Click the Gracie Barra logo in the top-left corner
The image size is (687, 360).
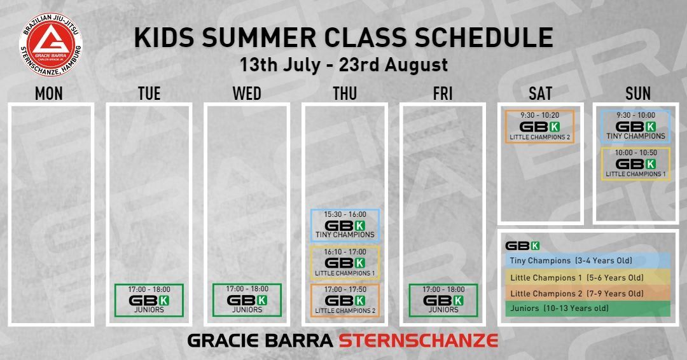(x=51, y=41)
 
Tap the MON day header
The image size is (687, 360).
(x=49, y=93)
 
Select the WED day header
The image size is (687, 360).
(x=247, y=93)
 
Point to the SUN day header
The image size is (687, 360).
(x=638, y=93)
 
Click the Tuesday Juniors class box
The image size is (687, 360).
(x=149, y=300)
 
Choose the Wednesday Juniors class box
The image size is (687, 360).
(x=247, y=300)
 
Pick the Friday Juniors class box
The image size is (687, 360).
(x=443, y=300)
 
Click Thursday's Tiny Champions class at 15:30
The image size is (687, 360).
(x=345, y=225)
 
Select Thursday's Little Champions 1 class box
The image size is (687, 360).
(x=345, y=263)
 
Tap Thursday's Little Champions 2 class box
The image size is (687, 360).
(x=345, y=300)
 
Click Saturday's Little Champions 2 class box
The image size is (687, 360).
(x=540, y=126)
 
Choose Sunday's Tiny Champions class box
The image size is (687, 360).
(x=635, y=126)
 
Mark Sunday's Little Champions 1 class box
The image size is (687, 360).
(x=635, y=163)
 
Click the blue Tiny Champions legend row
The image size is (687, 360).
(x=588, y=261)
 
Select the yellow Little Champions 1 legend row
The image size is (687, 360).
(x=588, y=277)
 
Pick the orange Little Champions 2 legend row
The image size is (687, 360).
(x=588, y=293)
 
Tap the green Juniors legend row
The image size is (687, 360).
(x=588, y=308)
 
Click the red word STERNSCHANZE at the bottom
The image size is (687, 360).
(x=418, y=340)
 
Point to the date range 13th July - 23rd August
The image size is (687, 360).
(x=343, y=65)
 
